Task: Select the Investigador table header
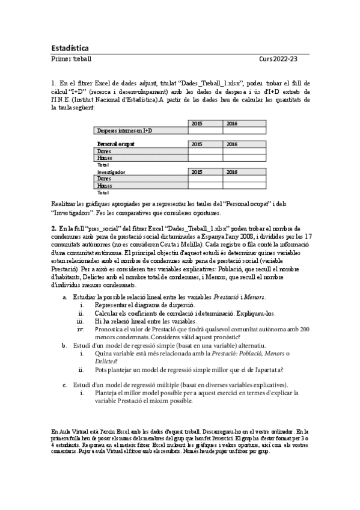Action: [x=112, y=171]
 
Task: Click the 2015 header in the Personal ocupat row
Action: [x=197, y=144]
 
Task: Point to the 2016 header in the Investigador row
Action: [x=232, y=171]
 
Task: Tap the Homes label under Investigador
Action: [x=105, y=186]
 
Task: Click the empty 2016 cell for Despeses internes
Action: [x=243, y=131]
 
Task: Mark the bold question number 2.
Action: [x=53, y=229]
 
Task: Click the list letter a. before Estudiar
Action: [x=65, y=298]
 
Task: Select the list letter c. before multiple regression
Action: [x=65, y=384]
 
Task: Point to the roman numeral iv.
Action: [x=80, y=330]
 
